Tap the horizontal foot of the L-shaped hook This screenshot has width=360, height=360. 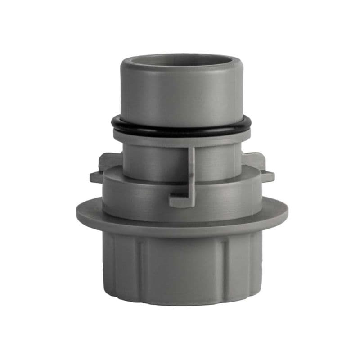coord(180,201)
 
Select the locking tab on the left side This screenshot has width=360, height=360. coord(106,166)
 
